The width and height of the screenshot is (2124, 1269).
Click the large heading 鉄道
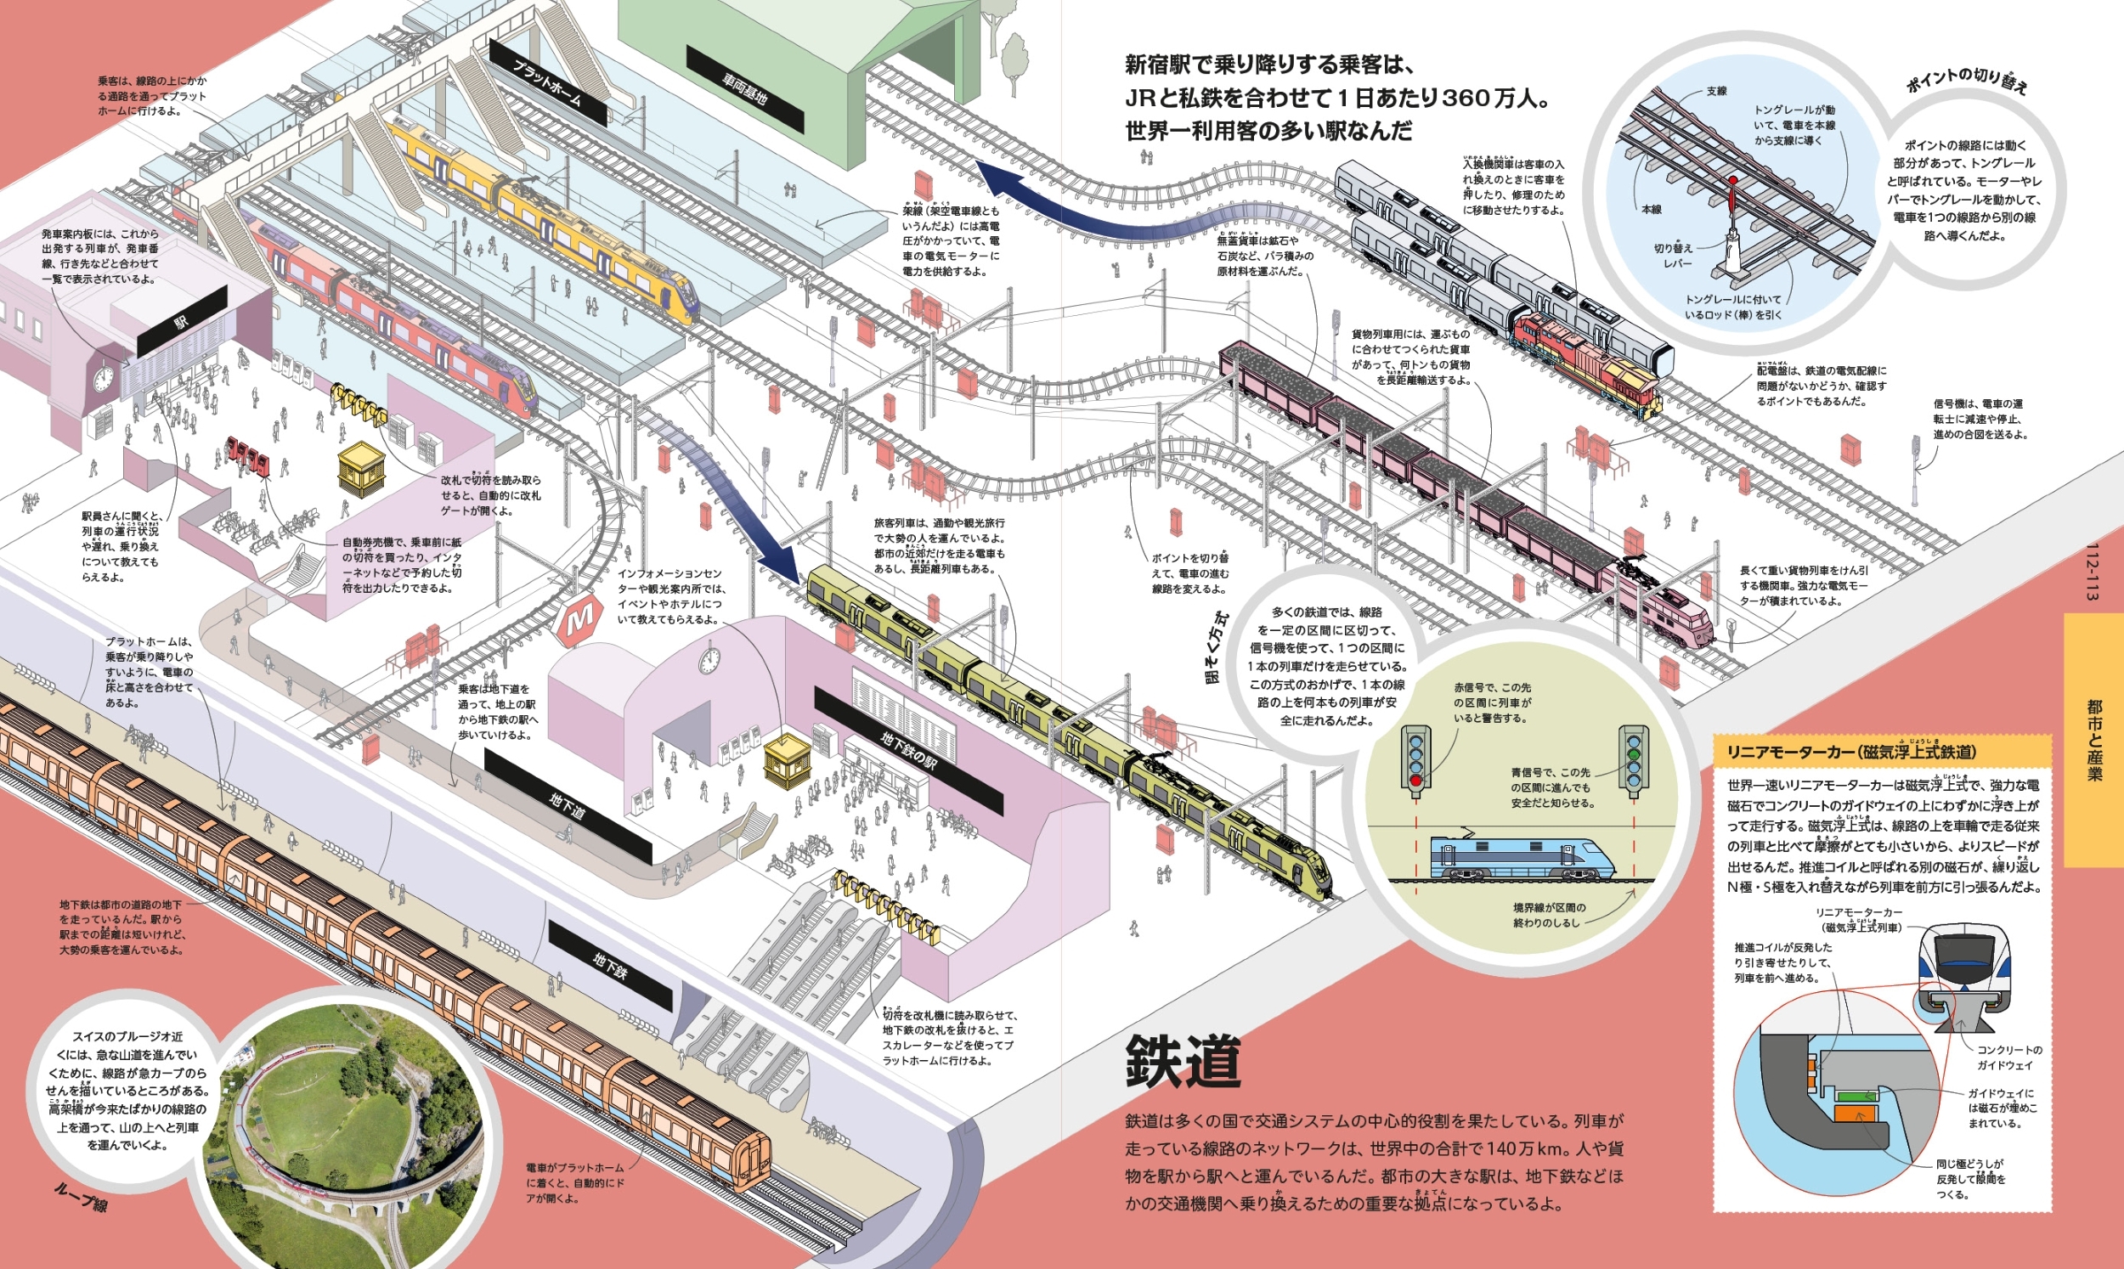point(1183,1061)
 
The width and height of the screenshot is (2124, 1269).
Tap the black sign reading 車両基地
point(745,89)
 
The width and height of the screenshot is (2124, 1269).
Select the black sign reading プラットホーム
point(548,82)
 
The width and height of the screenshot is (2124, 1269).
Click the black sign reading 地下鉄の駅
point(908,750)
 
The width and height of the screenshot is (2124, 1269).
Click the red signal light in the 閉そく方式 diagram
point(1415,780)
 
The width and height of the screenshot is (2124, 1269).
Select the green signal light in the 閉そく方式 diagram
point(1633,755)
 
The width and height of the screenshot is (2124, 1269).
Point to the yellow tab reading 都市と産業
point(2093,740)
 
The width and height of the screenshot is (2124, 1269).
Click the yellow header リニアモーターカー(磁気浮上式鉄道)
point(1850,752)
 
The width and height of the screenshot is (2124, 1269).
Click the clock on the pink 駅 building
point(104,377)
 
